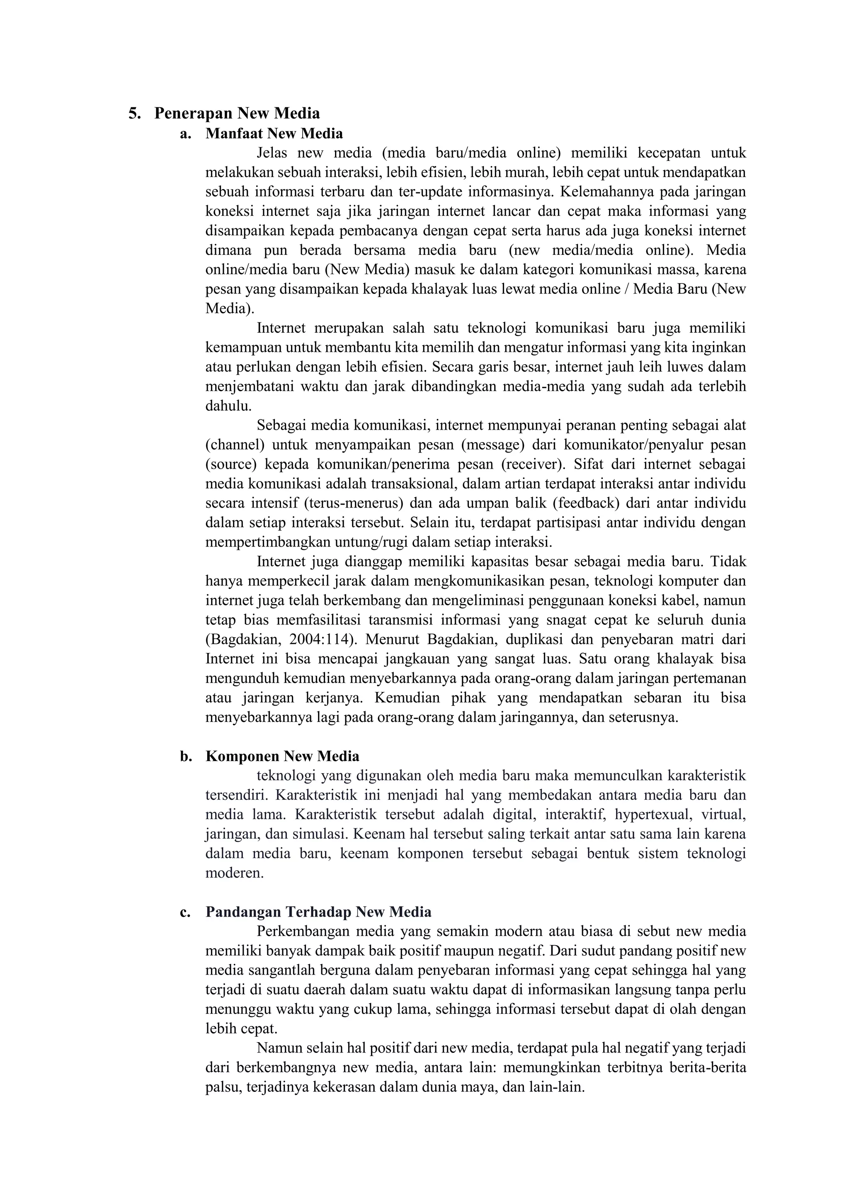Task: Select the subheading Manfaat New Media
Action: pyautogui.click(x=274, y=134)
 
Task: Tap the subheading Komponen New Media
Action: pyautogui.click(x=282, y=756)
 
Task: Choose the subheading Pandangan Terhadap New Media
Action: pyautogui.click(x=318, y=912)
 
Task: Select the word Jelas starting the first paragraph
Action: pyautogui.click(x=272, y=153)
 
